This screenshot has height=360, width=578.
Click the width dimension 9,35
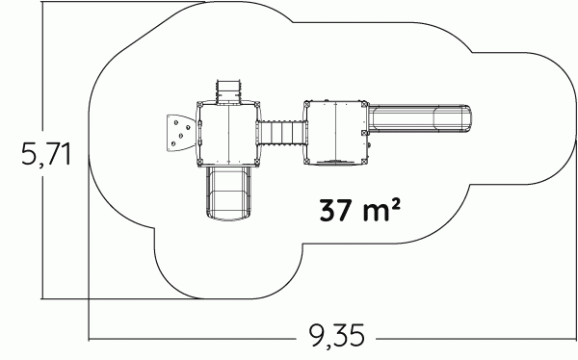click(x=336, y=335)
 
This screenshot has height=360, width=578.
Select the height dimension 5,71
click(x=46, y=153)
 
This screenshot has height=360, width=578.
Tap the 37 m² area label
click(x=359, y=210)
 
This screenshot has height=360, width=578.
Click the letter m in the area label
click(x=376, y=213)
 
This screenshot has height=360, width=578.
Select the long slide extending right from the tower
click(x=420, y=119)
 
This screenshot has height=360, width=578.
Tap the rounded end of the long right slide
click(x=465, y=119)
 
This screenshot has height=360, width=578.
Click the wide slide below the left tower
click(x=228, y=193)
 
